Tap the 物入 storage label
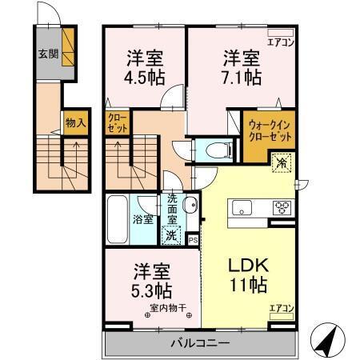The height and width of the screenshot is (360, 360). (74, 124)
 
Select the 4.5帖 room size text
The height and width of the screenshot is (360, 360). (145, 80)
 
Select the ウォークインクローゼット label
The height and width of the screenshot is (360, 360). (267, 131)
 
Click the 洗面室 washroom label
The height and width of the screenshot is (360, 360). (173, 210)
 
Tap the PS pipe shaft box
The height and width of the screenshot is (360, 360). (193, 238)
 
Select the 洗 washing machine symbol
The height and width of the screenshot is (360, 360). (170, 235)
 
